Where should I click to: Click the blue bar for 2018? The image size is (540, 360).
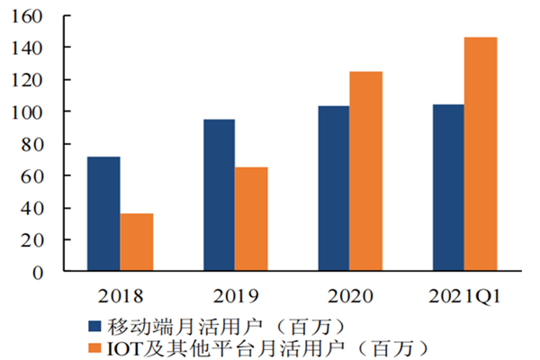tap(103, 214)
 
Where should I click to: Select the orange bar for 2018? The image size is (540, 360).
tap(137, 242)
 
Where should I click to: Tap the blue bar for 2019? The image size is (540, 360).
tap(219, 195)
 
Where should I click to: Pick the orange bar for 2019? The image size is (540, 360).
tap(251, 219)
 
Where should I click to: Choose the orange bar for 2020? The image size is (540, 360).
tap(365, 171)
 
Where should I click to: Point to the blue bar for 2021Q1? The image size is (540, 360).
tap(448, 188)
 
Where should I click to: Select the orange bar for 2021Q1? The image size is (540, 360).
tap(481, 154)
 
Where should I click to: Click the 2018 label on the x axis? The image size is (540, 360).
tap(120, 294)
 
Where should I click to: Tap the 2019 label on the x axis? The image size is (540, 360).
tap(235, 294)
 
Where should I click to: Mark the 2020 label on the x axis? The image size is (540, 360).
tap(349, 294)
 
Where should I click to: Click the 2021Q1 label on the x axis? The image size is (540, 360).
tap(464, 294)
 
